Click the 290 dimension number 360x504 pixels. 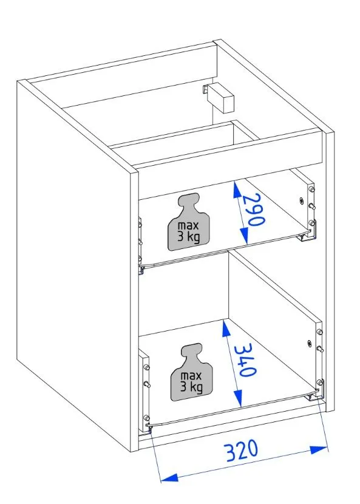pos(254,210)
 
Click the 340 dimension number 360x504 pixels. pos(246,359)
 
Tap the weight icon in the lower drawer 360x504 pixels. pos(191,372)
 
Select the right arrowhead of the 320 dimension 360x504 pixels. pos(319,449)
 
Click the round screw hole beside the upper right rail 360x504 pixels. pos(301,200)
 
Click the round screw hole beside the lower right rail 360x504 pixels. pos(309,343)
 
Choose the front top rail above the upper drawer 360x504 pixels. pos(230,164)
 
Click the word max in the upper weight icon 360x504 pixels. pos(188,225)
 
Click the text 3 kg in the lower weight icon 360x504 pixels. pos(192,387)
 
